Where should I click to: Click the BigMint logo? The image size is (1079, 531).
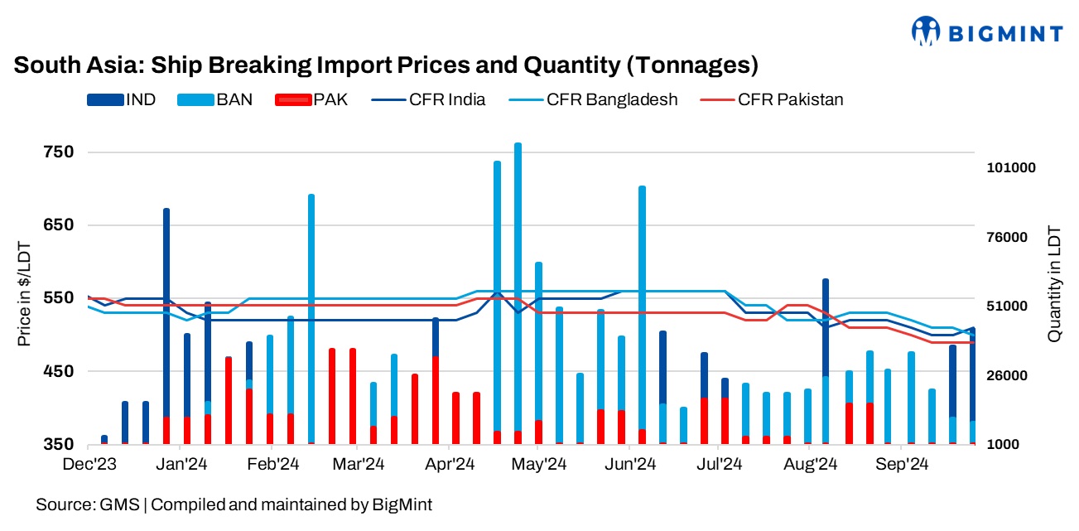click(x=986, y=32)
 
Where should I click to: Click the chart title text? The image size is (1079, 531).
click(x=386, y=65)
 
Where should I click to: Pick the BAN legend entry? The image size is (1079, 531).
click(x=216, y=99)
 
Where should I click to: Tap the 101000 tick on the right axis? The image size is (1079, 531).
click(x=1012, y=167)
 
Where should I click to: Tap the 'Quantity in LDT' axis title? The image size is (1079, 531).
click(x=1053, y=284)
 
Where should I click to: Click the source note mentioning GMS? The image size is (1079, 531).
click(x=234, y=504)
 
